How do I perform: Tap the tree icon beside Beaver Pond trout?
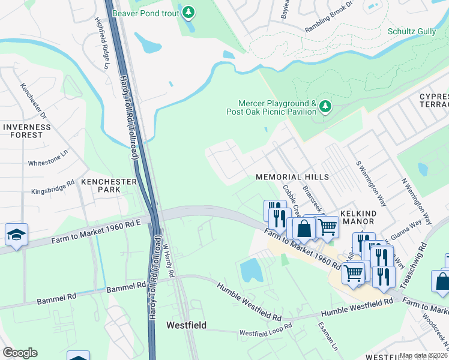[189, 11]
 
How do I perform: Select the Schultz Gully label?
[412, 31]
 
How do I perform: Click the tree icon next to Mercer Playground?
[325, 107]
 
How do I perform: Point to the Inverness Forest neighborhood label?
[23, 131]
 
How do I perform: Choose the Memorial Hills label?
[292, 177]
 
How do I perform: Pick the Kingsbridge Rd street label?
[52, 187]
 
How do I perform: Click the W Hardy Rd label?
[167, 256]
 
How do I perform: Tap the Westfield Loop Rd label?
[265, 332]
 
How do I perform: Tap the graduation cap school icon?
[16, 235]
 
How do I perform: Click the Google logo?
[20, 353]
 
